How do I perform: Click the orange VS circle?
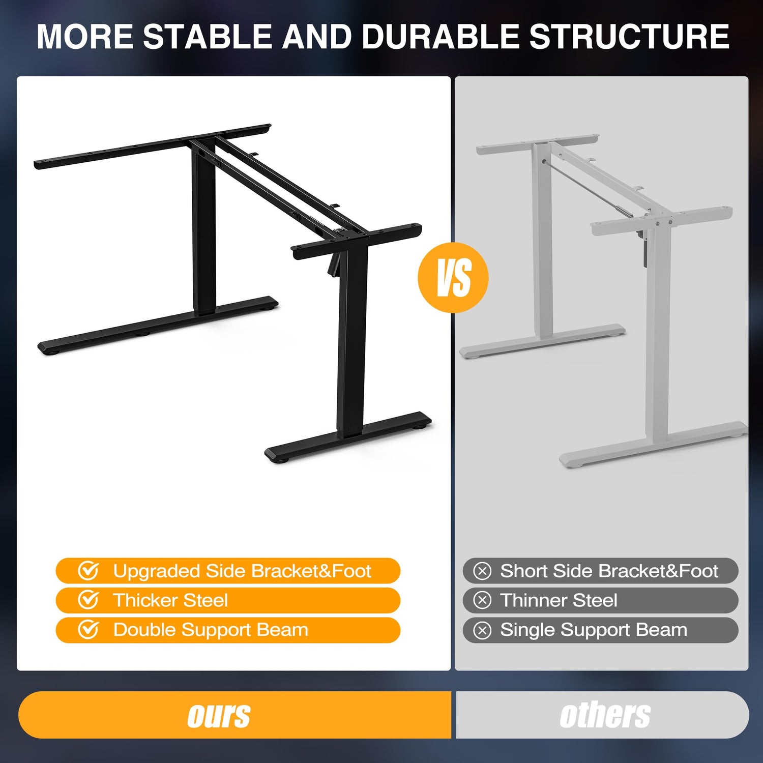tap(453, 277)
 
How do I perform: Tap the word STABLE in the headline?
tap(208, 37)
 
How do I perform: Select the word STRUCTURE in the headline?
tap(629, 37)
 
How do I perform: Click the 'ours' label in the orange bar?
tap(219, 715)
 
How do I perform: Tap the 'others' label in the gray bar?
tap(605, 715)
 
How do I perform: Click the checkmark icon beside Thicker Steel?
tap(88, 600)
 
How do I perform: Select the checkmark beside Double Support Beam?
tap(88, 630)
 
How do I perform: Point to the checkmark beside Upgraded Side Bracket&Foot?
tap(88, 571)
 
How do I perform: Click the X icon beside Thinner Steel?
tap(482, 601)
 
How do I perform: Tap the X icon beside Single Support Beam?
tap(482, 630)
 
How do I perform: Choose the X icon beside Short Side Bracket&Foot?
tap(482, 571)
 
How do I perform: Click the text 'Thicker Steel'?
tap(170, 600)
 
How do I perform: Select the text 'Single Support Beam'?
tap(594, 630)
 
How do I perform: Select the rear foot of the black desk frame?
tap(158, 326)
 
